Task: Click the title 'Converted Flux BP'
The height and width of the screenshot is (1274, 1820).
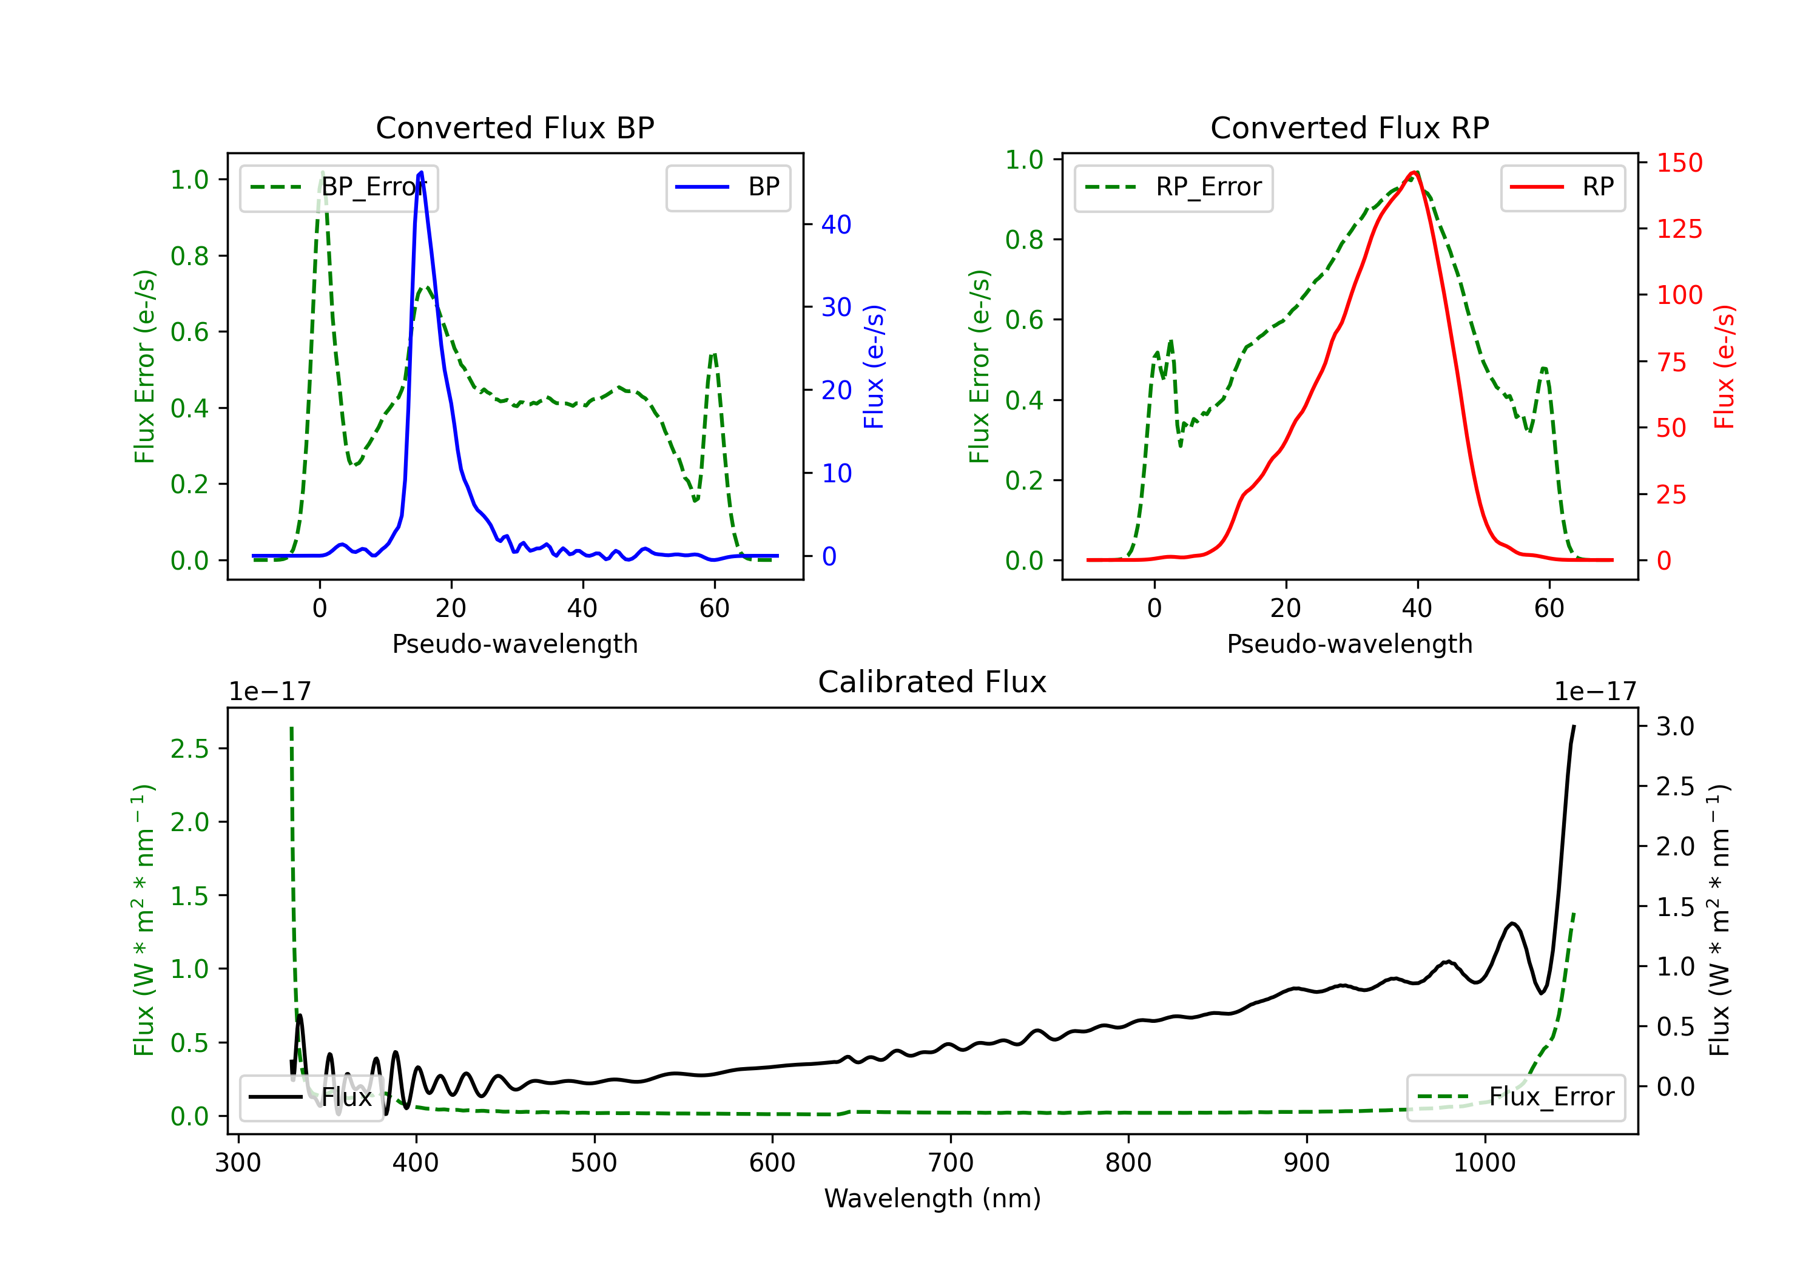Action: tap(514, 127)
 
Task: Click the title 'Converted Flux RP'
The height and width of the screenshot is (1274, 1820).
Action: tap(1349, 127)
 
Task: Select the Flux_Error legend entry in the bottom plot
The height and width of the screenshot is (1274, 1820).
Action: tap(1515, 1097)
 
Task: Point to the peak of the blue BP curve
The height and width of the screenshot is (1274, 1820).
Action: tap(420, 172)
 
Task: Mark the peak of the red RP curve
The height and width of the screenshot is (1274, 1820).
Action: tap(1414, 172)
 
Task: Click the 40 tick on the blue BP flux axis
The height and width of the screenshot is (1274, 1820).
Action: tap(835, 225)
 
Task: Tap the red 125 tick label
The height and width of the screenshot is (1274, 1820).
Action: tap(1679, 230)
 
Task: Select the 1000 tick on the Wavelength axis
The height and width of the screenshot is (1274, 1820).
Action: tap(1484, 1163)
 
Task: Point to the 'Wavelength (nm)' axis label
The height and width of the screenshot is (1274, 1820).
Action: tap(932, 1198)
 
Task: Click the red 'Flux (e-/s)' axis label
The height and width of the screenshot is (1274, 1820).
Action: tap(1724, 366)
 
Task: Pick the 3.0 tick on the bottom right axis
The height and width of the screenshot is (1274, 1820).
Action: tap(1674, 726)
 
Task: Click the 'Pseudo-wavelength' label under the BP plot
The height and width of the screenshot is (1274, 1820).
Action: tap(514, 644)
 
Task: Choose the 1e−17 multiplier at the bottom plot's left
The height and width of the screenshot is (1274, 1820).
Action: tap(269, 692)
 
